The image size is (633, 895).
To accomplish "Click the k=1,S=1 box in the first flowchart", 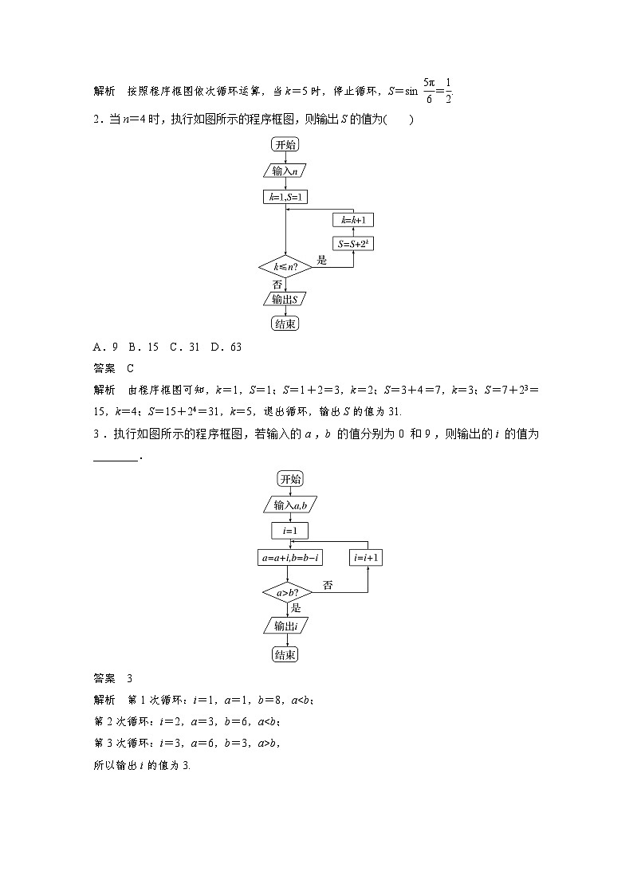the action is pos(285,197).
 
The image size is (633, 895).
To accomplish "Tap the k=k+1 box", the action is pos(354,219).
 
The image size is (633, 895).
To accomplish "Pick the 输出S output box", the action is pos(285,299).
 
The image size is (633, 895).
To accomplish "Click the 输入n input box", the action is pos(285,171).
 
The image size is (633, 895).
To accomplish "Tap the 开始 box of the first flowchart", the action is pos(285,144).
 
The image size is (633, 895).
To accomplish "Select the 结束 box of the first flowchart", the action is pos(285,324).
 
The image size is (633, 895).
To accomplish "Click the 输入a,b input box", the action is pos(290,505).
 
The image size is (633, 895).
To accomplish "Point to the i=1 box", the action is pos(290,531).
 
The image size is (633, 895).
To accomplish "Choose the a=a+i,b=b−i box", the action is pos(290,558).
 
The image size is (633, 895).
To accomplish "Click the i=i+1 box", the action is pos(367,558).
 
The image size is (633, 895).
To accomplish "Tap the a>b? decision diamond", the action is pos(290,593).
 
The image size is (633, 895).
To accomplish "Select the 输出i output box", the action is pos(290,626).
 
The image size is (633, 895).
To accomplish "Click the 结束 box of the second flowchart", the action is pos(290,654).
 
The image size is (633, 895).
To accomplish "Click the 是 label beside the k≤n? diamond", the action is pos(322,260).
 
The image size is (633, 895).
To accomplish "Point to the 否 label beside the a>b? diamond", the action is pos(328,586).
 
